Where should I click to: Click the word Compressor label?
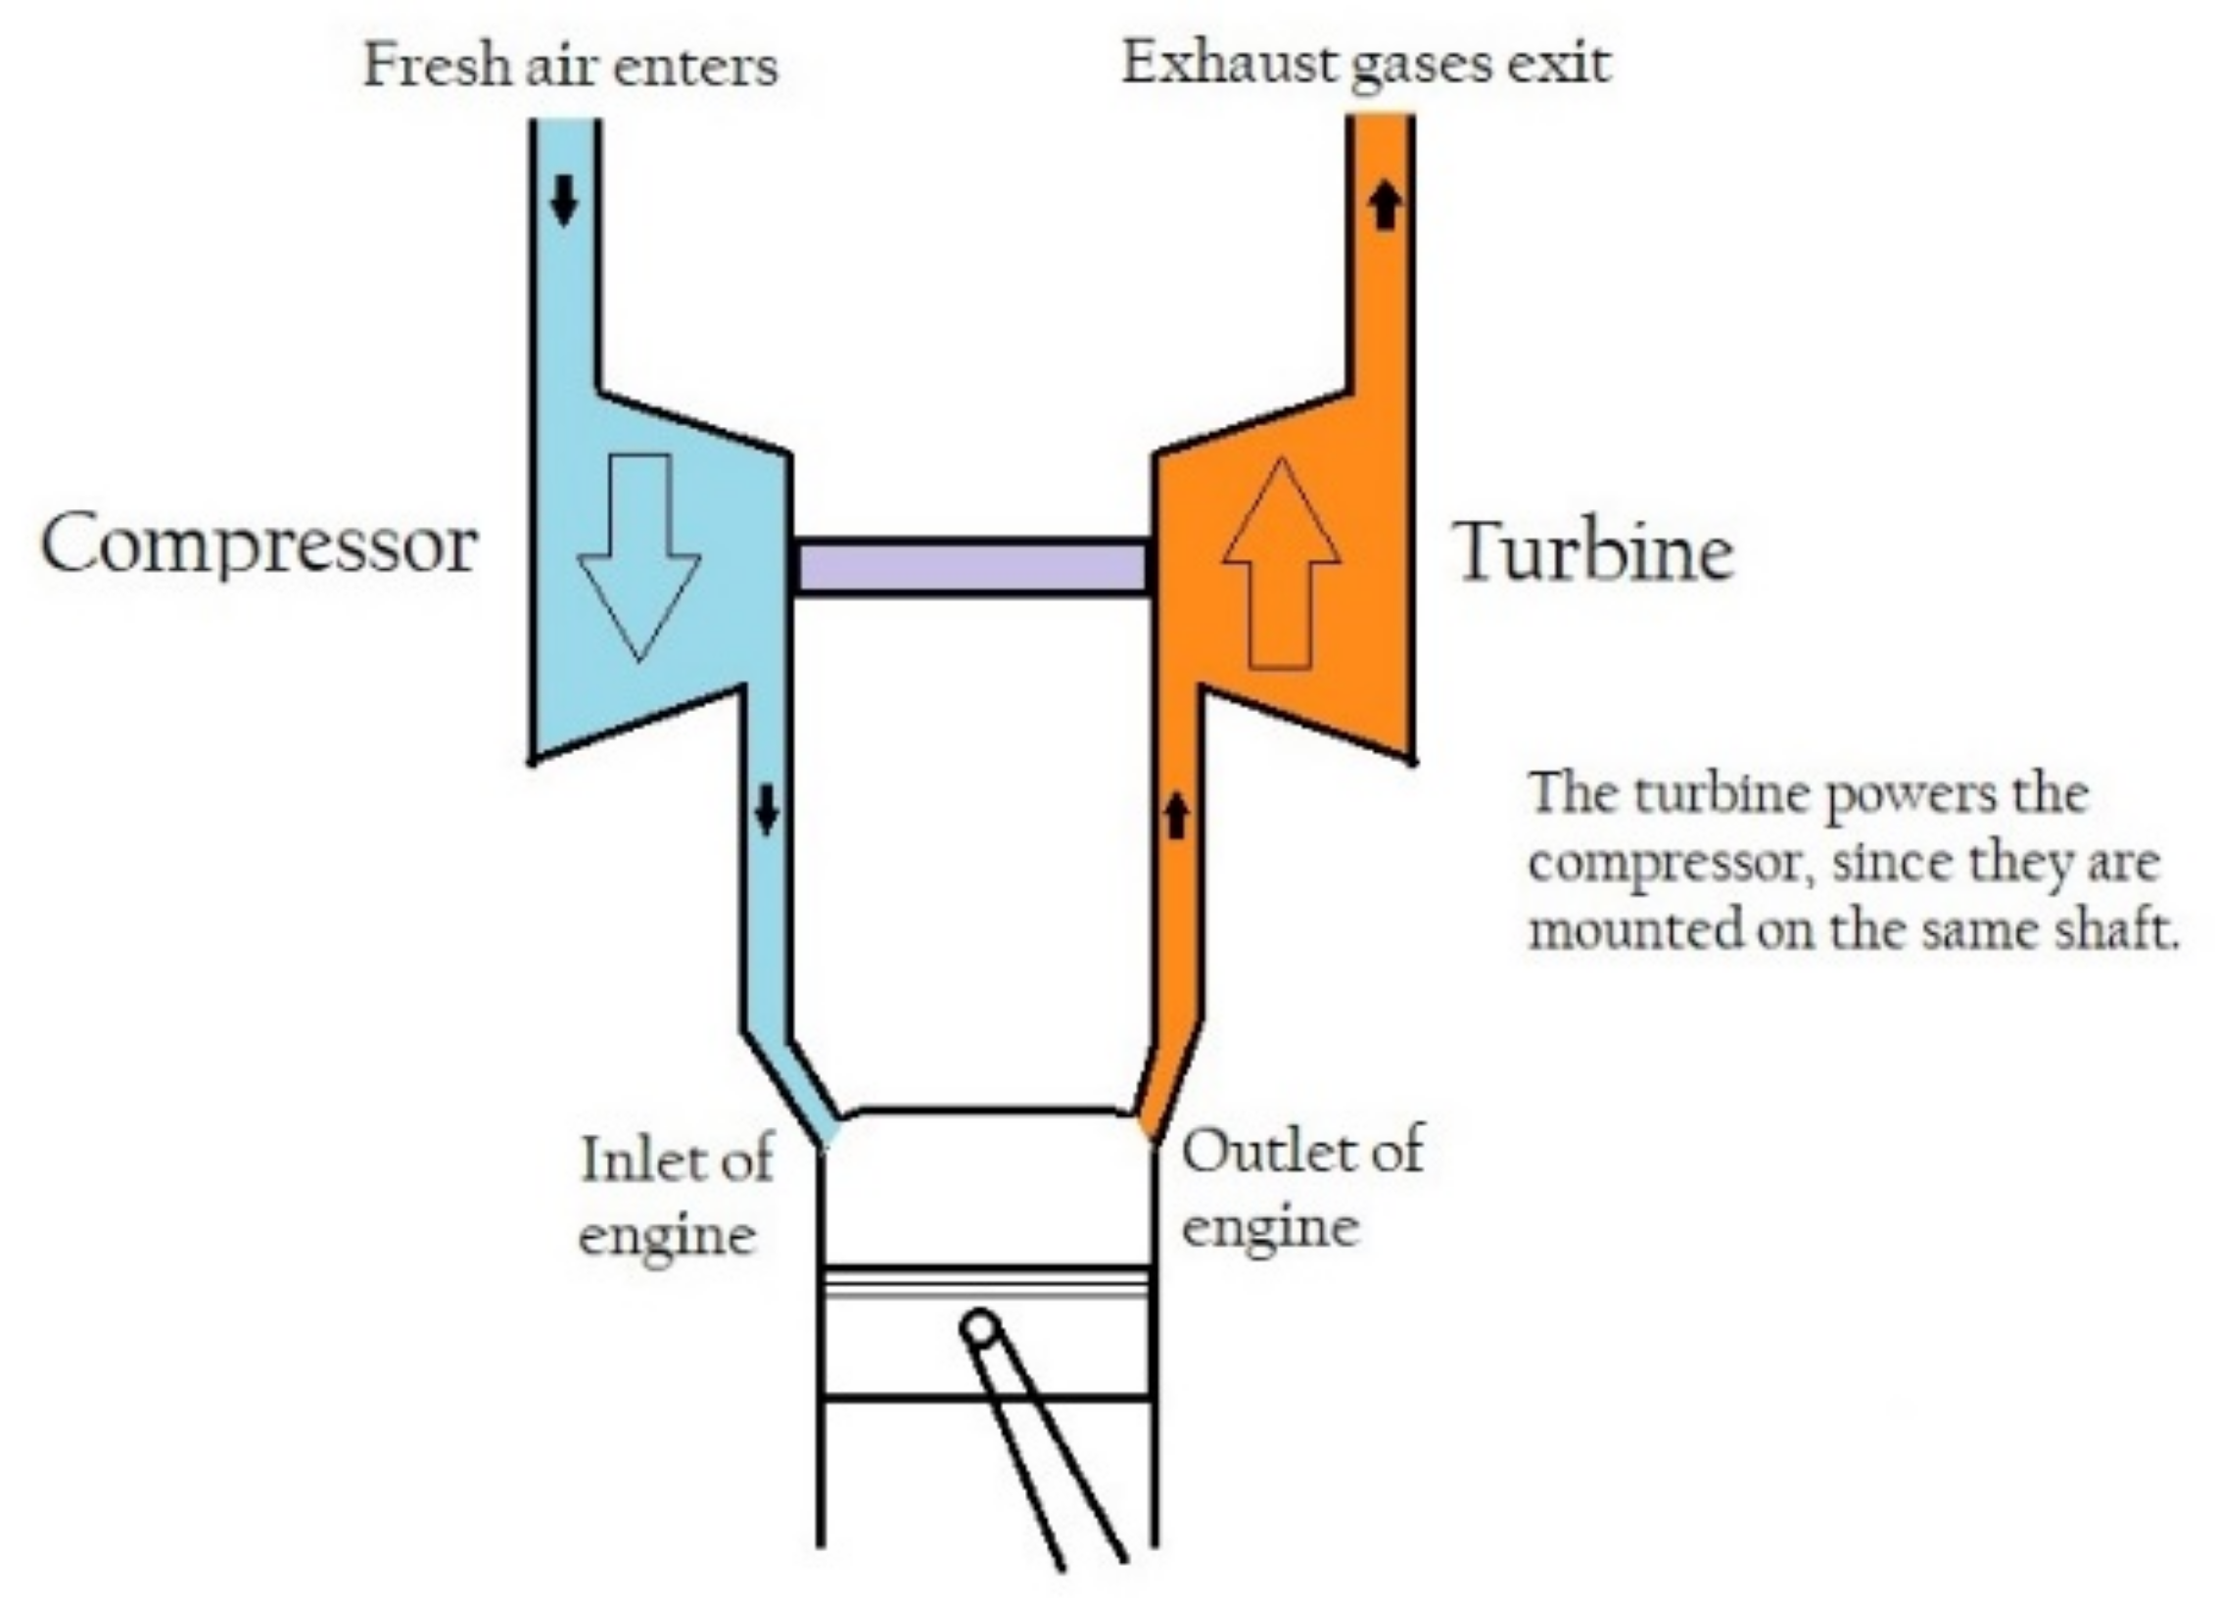point(259,546)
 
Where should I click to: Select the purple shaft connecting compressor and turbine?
point(972,567)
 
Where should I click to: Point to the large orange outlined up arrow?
point(1281,563)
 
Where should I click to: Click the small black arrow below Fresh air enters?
point(563,201)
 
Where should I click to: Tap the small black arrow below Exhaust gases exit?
point(1384,207)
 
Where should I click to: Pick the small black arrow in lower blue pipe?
point(766,810)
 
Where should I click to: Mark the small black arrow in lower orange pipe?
point(1176,816)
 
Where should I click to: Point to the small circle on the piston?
point(980,1330)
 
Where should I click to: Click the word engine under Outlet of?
point(1270,1228)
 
